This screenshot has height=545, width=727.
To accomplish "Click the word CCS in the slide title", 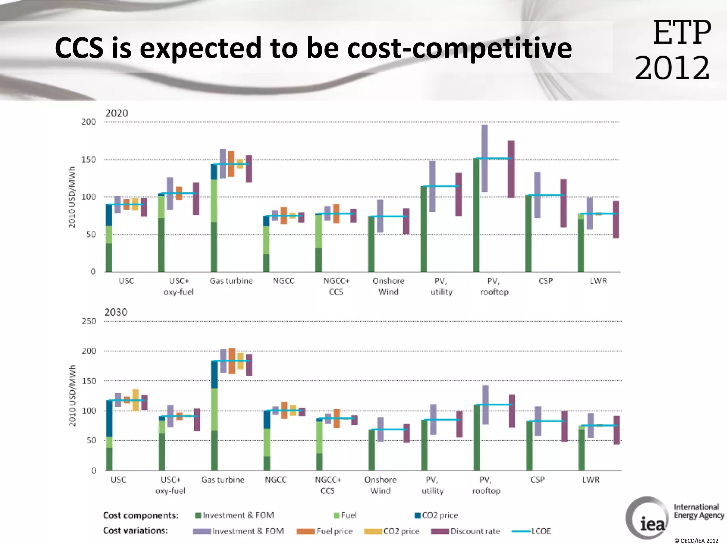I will click(x=79, y=48).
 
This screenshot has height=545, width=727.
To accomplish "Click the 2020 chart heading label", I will click(x=116, y=114).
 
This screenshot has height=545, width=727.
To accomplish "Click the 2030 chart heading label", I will click(x=116, y=313).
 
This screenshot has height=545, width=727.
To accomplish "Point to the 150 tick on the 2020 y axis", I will click(x=89, y=160).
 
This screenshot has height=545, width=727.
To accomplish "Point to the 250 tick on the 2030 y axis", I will click(x=89, y=321).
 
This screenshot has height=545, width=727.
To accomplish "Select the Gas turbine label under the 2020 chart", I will click(x=231, y=281).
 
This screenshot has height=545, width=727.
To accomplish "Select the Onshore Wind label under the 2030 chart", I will click(x=380, y=485).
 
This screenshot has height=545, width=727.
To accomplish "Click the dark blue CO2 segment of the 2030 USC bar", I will click(x=109, y=419).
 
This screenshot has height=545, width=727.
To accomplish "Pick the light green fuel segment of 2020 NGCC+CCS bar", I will click(x=319, y=231).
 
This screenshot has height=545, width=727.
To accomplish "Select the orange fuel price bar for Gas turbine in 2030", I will click(x=232, y=361).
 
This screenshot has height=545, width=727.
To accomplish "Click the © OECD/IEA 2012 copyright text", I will click(x=696, y=541).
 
